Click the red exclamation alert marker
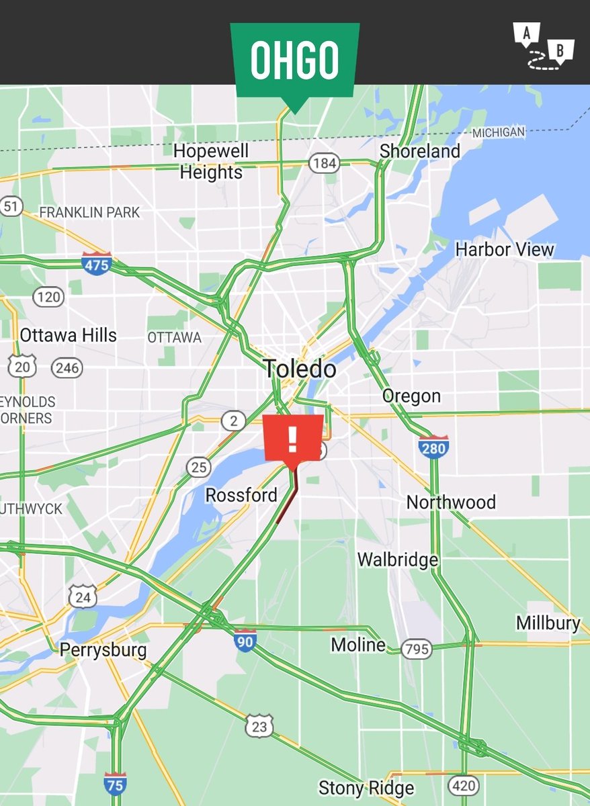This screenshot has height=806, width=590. tap(293, 439)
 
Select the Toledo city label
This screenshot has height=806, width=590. tap(299, 369)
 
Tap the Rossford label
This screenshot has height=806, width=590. tap(241, 496)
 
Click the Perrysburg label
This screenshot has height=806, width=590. tap(103, 650)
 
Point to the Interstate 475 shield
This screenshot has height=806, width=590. tap(96, 264)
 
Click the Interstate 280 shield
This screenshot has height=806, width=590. tap(433, 447)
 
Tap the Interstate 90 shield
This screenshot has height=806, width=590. tap(245, 641)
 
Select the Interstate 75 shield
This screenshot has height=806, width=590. tap(115, 784)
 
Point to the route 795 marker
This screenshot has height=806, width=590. tap(417, 649)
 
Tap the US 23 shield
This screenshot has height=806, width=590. tap(260, 726)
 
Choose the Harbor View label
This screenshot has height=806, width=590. tap(505, 250)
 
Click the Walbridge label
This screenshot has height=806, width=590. tap(397, 559)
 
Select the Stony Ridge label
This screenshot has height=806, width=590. tap(366, 787)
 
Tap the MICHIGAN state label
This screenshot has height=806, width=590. tap(498, 133)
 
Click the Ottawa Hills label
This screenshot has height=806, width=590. tap(68, 335)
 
